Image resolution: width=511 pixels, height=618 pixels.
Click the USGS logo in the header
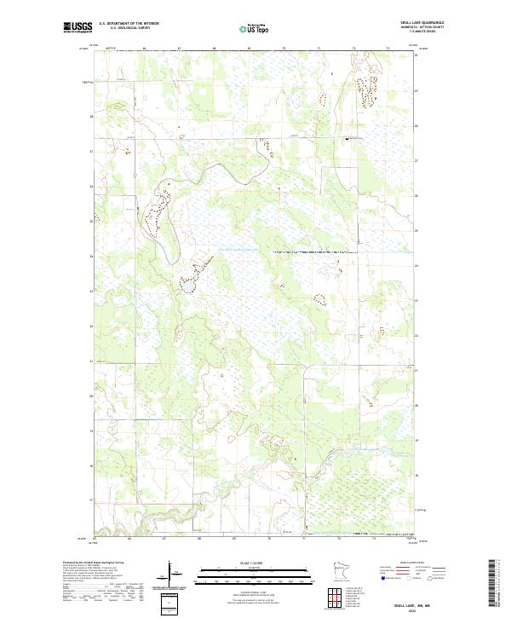tap(78, 27)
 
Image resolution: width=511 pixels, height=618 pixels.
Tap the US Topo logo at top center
tap(255, 28)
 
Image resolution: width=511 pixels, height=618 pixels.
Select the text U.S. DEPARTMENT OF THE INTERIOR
tap(129, 24)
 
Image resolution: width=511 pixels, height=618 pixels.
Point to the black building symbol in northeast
tap(347, 138)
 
